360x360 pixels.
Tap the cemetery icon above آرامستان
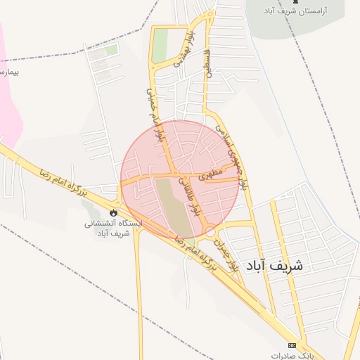tap(304, 3)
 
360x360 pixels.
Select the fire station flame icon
tap(113, 211)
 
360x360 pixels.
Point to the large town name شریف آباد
tap(274, 266)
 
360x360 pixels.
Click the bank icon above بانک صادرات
tap(292, 345)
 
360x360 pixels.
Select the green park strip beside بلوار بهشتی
tap(161, 44)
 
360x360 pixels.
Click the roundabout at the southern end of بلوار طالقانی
tap(209, 231)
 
